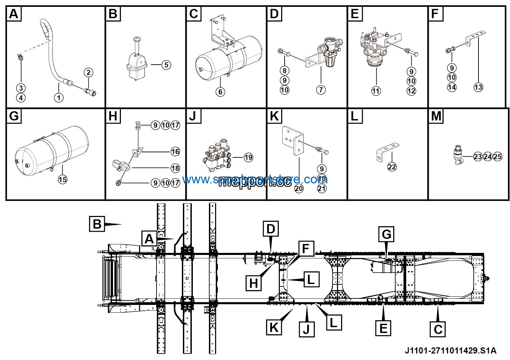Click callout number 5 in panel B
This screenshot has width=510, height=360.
point(166,65)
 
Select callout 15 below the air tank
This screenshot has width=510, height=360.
point(62,179)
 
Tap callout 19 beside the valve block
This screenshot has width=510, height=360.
point(248,157)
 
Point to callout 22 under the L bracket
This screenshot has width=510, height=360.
point(392,167)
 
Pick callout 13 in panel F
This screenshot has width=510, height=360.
point(478,87)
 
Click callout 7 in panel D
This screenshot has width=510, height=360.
point(321,90)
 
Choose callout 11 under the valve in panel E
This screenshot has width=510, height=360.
point(376,91)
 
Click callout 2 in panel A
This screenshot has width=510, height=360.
point(88,72)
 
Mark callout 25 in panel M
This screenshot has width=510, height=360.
point(498,157)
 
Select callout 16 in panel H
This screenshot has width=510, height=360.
point(175,151)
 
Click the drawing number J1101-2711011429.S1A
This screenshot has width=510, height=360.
point(450,351)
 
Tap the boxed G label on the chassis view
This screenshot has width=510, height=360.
point(386,235)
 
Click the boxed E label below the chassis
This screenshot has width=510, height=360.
point(383,329)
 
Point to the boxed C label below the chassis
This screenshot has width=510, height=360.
point(438,329)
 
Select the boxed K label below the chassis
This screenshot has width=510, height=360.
point(274,327)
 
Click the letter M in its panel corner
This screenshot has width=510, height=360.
point(436,116)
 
